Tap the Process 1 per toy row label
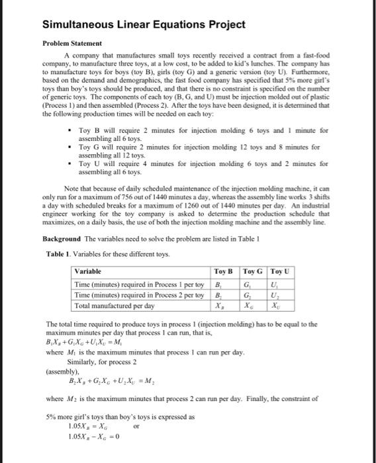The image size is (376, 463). coord(138,283)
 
